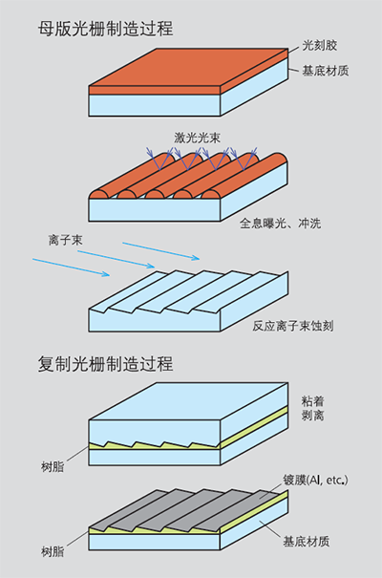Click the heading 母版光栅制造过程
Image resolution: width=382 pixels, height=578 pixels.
tap(105, 29)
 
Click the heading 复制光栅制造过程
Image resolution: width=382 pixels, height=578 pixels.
tap(105, 364)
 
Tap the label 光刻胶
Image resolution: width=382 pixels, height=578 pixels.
tap(319, 45)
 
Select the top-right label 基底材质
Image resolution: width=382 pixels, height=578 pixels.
tap(326, 70)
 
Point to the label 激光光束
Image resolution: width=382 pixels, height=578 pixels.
tap(198, 138)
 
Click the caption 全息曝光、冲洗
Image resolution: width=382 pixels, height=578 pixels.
tap(281, 224)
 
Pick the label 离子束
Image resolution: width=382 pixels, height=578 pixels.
tap(65, 241)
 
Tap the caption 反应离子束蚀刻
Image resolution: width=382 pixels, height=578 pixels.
tap(293, 326)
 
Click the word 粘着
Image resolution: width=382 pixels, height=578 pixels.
tap(312, 400)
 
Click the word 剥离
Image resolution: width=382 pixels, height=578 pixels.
tap(312, 416)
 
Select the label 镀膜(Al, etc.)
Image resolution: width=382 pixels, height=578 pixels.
tap(315, 480)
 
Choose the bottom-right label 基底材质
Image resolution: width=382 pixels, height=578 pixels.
tap(307, 542)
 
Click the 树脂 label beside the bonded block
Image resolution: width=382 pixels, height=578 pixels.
tap(53, 467)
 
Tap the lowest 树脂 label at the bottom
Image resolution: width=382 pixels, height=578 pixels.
tap(53, 552)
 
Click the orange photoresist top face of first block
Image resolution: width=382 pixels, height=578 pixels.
tap(188, 67)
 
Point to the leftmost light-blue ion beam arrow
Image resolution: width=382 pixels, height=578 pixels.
tap(71, 268)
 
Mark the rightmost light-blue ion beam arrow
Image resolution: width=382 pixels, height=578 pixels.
tap(161, 251)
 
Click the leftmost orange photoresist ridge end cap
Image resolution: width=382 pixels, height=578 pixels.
tap(98, 194)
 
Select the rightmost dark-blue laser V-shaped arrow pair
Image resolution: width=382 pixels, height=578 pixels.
tap(244, 159)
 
